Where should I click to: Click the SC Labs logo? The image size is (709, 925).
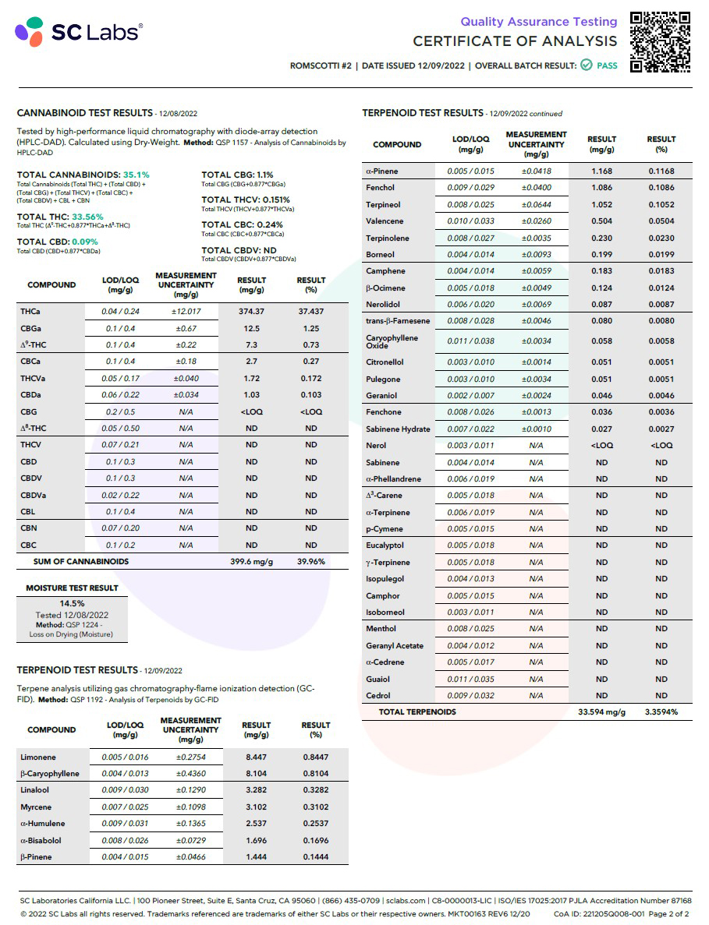click(78, 32)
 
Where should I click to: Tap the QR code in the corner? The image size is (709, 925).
click(660, 42)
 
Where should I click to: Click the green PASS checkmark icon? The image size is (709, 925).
click(586, 65)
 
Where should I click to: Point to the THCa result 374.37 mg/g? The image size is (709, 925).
click(251, 312)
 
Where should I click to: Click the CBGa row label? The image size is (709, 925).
click(32, 329)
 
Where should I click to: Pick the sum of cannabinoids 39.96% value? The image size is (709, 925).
click(311, 561)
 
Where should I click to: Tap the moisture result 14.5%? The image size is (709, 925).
click(72, 603)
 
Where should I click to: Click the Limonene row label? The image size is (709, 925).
click(37, 757)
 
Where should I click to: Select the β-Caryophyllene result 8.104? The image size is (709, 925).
click(256, 774)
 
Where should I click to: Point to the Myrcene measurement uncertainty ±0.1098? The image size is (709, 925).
click(190, 807)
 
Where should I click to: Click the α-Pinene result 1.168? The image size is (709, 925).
click(601, 171)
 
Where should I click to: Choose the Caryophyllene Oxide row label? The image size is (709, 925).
click(392, 341)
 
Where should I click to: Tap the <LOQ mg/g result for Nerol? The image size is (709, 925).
click(601, 446)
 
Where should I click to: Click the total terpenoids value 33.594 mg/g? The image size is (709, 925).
click(601, 712)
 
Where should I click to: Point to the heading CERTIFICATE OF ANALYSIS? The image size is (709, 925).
click(515, 41)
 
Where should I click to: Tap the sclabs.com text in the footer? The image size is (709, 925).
click(406, 901)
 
